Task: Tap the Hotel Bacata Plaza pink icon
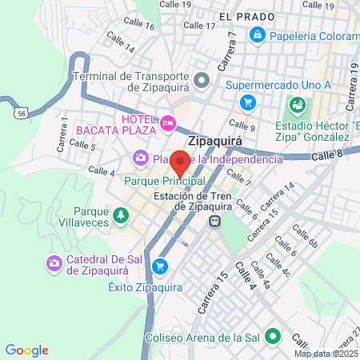(x=168, y=122)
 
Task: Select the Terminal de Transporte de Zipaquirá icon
(x=202, y=79)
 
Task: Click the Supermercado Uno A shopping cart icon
(x=248, y=102)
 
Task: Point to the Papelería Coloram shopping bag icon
(x=258, y=34)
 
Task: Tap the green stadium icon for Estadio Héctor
(x=298, y=104)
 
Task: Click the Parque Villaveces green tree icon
(x=120, y=215)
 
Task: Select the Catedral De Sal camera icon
(x=54, y=262)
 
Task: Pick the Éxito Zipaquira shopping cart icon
(x=161, y=266)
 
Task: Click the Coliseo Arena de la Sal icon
(x=272, y=336)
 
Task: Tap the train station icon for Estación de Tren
(x=214, y=222)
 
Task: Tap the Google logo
(x=26, y=350)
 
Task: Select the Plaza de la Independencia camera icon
(x=142, y=158)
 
